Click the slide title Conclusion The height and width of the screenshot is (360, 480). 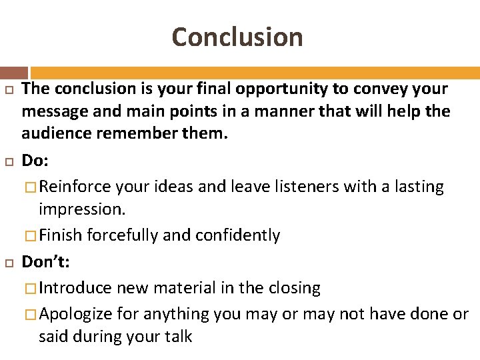[x=237, y=37]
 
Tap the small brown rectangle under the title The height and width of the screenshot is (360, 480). [x=14, y=73]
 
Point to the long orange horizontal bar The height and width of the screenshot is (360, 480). [x=255, y=73]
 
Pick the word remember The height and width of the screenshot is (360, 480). [x=141, y=133]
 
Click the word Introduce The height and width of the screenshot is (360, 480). [x=75, y=288]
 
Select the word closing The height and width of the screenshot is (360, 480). [x=293, y=288]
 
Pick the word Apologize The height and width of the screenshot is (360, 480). [x=76, y=314]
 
